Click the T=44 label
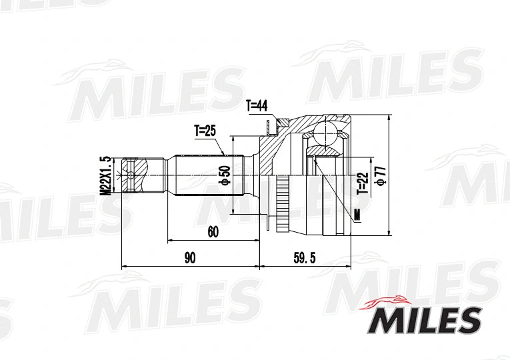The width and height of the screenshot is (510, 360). point(256,105)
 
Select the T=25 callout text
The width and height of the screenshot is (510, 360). point(205,131)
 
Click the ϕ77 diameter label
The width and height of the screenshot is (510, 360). point(381,172)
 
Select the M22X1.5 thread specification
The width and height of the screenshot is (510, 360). point(104,175)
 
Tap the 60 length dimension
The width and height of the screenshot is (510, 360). point(213,231)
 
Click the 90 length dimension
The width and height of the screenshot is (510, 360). point(190,258)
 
